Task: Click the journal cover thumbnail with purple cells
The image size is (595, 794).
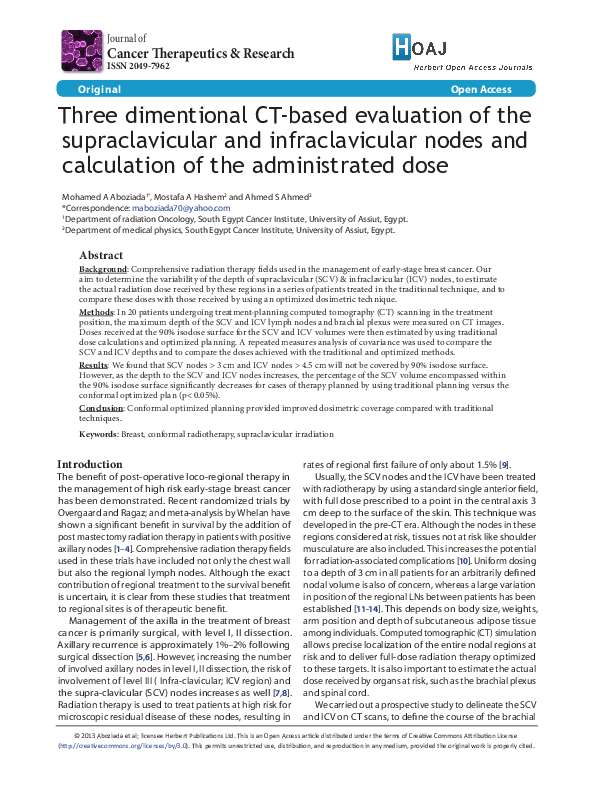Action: click(81, 50)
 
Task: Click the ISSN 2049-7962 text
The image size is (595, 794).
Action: click(139, 66)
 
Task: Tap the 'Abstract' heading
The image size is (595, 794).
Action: click(101, 256)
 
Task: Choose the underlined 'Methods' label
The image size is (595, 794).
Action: click(96, 313)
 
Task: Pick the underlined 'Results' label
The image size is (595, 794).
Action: click(95, 366)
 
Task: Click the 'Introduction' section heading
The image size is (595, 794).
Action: click(90, 464)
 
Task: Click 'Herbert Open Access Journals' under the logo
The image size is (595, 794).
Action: click(474, 66)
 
